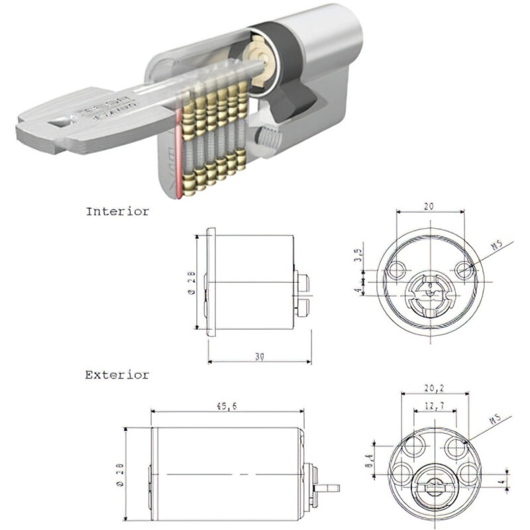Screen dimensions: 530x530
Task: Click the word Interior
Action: coord(117,212)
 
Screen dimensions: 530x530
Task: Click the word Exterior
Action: coord(117,375)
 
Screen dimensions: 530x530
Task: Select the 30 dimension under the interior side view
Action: coord(260,356)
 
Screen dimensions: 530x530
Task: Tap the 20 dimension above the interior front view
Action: coord(429,207)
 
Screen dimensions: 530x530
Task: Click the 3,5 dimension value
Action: coord(358,255)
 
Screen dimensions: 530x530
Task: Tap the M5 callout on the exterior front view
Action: coord(496,421)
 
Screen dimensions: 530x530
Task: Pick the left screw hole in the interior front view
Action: coord(398,269)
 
